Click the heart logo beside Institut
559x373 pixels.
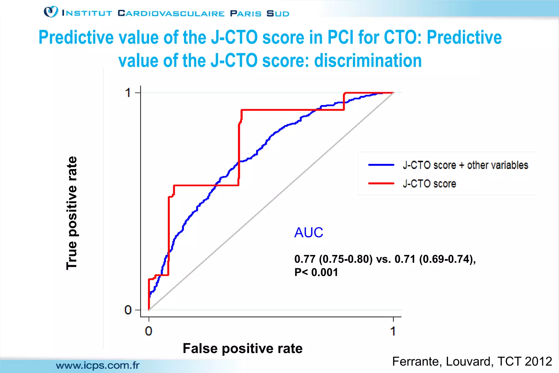point(51,12)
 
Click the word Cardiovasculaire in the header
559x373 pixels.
point(171,13)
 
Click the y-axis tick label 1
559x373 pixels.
point(127,93)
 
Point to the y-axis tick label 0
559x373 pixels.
point(128,310)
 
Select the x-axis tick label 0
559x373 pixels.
point(148,331)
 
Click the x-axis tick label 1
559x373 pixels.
point(393,331)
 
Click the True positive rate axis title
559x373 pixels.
point(72,213)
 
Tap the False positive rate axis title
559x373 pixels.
point(242,348)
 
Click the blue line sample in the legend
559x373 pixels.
point(381,165)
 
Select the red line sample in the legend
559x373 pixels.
point(381,183)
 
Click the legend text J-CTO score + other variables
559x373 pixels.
point(465,165)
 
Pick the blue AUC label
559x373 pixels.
point(308,233)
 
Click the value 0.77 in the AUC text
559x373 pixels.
point(305,259)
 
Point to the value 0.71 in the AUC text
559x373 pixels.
point(405,259)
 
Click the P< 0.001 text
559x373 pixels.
point(316,272)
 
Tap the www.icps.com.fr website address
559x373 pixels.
point(98,365)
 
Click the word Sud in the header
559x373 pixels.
point(278,13)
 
